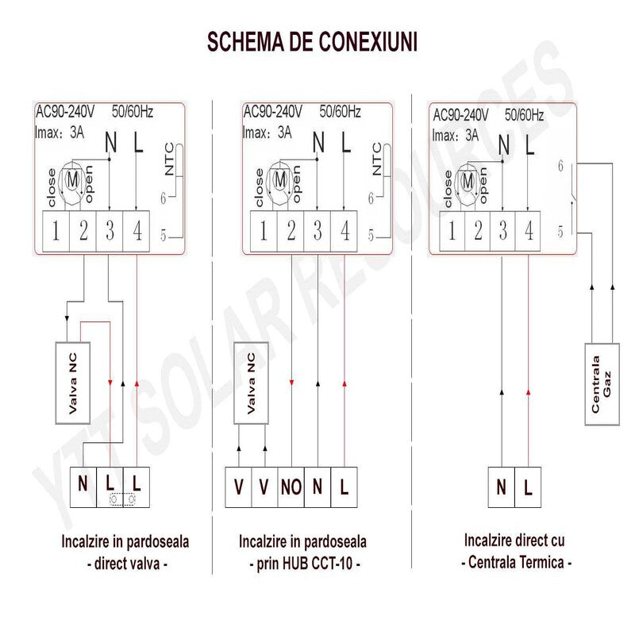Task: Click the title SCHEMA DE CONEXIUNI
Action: (x=312, y=41)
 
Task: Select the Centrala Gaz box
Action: (x=601, y=383)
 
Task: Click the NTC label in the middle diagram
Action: (x=377, y=159)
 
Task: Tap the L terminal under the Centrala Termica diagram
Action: (x=528, y=487)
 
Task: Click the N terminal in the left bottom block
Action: (x=83, y=482)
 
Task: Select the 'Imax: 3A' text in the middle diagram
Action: (x=267, y=133)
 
